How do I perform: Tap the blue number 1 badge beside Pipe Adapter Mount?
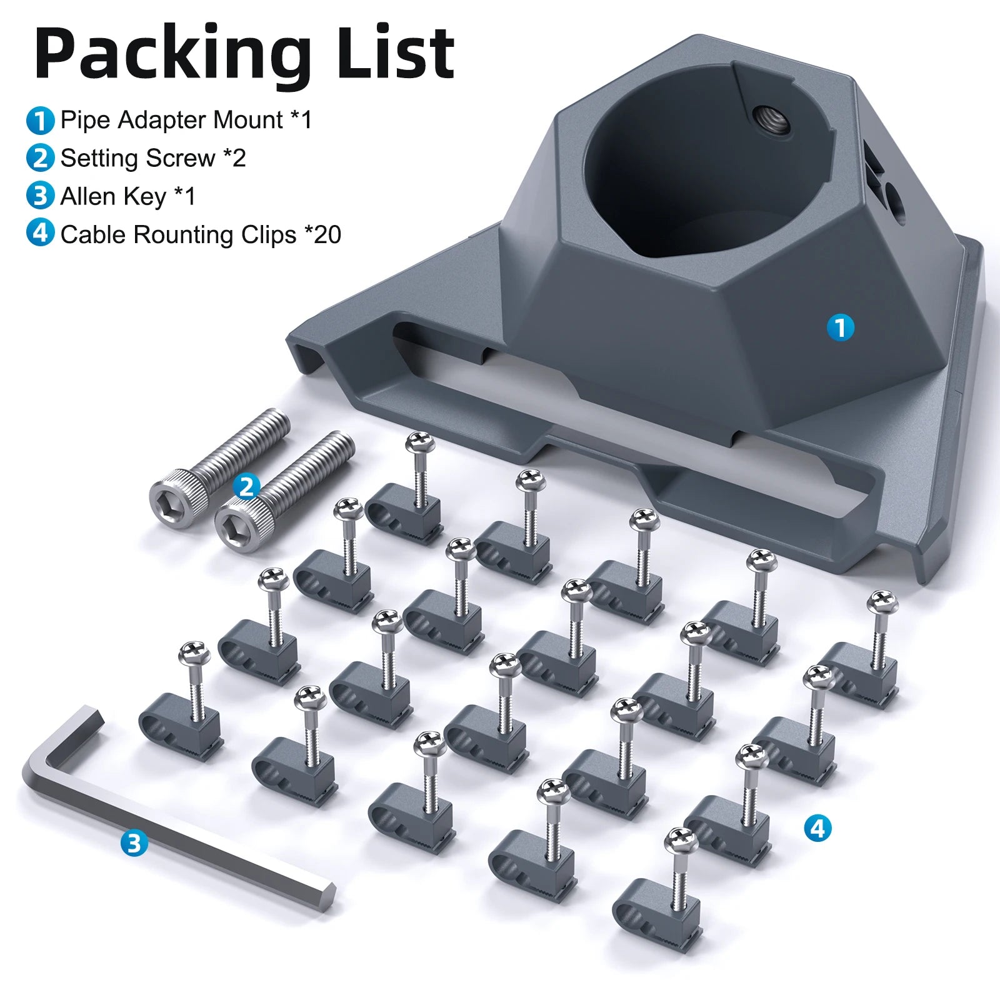(40, 120)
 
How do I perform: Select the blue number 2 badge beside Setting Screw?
(40, 158)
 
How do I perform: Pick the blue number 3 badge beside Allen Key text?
(40, 196)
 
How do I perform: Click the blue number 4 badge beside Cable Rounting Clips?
(40, 234)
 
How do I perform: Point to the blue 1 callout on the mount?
(840, 327)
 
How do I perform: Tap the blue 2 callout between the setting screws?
(246, 487)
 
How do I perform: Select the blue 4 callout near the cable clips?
(817, 829)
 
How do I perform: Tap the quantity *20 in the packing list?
(322, 234)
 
